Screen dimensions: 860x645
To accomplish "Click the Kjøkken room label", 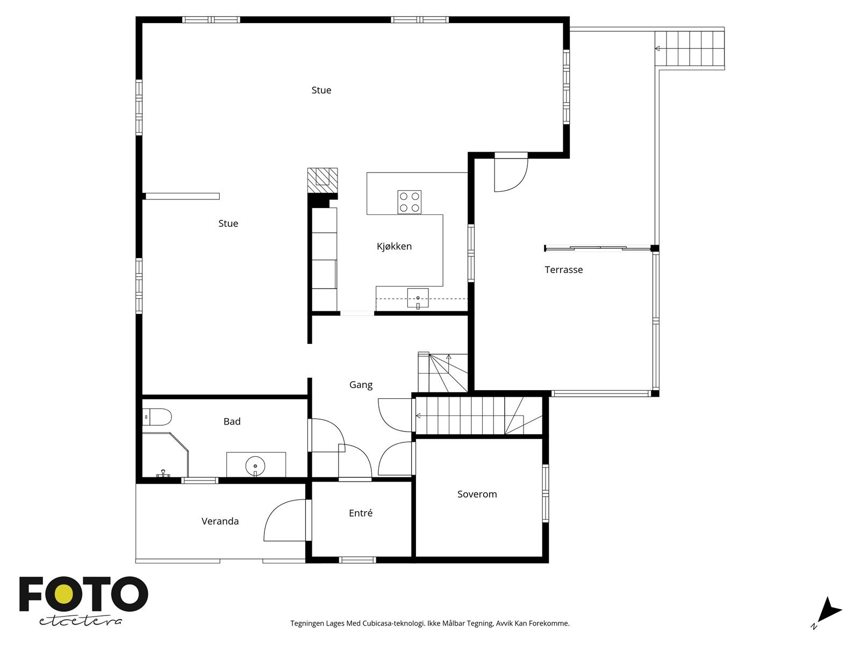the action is [394, 247].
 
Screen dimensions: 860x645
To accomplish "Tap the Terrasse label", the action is [563, 269].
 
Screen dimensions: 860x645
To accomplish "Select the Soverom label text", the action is [477, 494].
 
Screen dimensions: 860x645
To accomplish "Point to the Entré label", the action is [361, 513].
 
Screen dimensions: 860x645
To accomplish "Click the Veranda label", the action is [220, 521].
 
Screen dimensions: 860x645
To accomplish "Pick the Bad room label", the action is [232, 421].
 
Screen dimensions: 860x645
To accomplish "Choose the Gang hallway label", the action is [361, 385].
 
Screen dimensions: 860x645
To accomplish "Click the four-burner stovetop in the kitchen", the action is [410, 202].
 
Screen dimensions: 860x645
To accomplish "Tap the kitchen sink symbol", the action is [418, 298].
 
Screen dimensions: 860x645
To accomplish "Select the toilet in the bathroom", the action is [157, 417].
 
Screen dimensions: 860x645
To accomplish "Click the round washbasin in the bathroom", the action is [255, 466].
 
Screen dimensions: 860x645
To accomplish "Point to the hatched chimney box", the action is [322, 181].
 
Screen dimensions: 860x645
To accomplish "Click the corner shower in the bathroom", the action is [165, 454].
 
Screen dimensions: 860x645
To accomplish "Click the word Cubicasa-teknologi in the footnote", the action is [394, 623].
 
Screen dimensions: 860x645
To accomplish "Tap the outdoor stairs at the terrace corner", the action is [689, 48].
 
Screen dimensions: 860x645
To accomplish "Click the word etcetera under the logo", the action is [80, 621].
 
